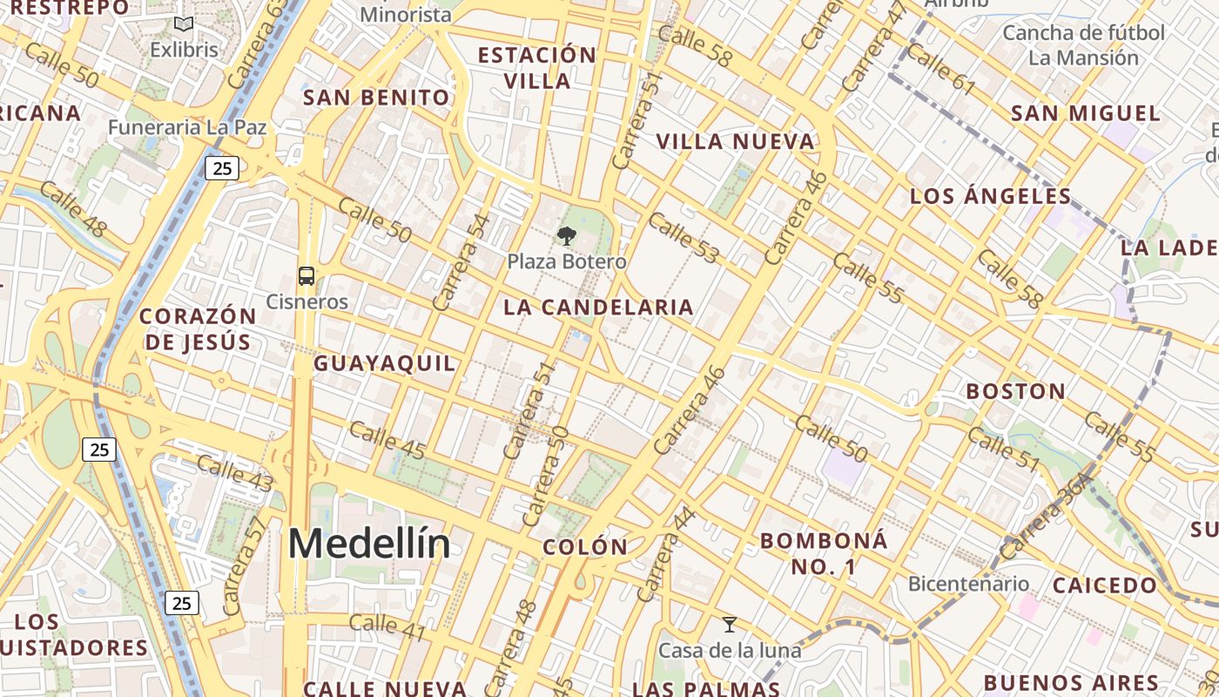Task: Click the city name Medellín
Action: point(369,545)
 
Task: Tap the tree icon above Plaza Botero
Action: point(567,235)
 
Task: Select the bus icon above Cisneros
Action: point(306,276)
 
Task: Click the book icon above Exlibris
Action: point(183,24)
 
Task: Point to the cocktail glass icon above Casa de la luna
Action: point(730,625)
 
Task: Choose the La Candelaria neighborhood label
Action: point(598,308)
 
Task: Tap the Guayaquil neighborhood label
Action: point(384,363)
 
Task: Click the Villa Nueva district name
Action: point(735,142)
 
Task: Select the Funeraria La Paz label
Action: point(187,127)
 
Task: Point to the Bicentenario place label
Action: point(968,584)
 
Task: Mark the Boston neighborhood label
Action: point(1015,391)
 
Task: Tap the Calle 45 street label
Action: point(387,440)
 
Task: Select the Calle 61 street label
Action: point(940,68)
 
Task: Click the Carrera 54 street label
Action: point(455,262)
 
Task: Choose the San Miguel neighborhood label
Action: point(1085,113)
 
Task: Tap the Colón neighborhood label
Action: point(584,547)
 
